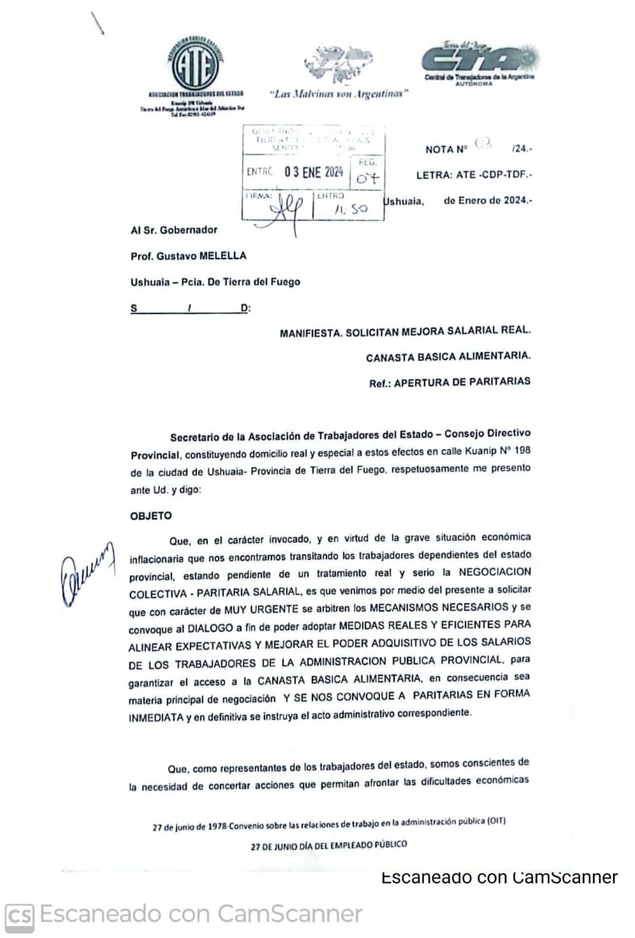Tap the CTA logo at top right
click(479, 59)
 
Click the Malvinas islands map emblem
click(338, 64)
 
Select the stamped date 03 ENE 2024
click(314, 172)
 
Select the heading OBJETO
click(151, 516)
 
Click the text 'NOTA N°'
click(446, 149)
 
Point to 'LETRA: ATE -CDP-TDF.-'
click(474, 175)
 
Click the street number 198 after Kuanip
click(521, 450)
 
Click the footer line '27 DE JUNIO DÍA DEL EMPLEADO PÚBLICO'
click(328, 845)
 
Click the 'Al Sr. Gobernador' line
click(174, 230)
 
